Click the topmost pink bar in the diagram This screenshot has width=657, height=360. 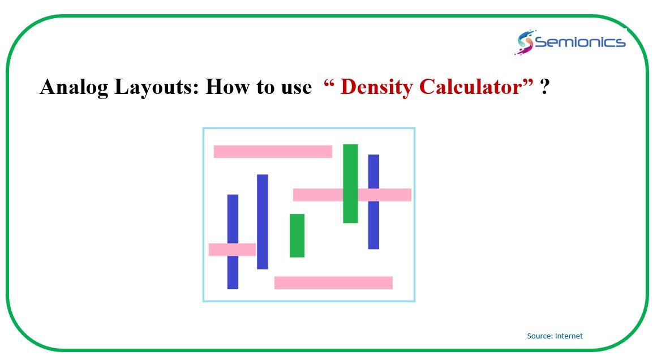(x=273, y=151)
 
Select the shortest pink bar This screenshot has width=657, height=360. (x=232, y=250)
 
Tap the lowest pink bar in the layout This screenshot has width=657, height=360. (x=333, y=283)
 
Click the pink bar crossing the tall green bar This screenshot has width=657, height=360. (x=352, y=195)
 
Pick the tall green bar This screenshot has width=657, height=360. (x=350, y=183)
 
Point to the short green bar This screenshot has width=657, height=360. (x=297, y=235)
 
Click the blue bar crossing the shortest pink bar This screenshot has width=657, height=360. (x=233, y=242)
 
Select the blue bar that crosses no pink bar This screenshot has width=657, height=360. (x=263, y=222)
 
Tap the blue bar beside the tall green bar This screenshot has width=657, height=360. (x=373, y=202)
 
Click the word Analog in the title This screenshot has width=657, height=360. (x=74, y=88)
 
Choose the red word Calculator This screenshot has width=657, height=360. (x=471, y=87)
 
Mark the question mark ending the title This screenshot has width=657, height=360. (x=545, y=87)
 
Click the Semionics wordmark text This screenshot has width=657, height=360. (x=581, y=42)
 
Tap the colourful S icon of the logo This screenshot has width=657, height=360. (x=524, y=42)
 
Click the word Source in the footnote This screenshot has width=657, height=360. (x=540, y=336)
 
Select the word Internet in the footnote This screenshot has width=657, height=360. (x=569, y=336)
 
